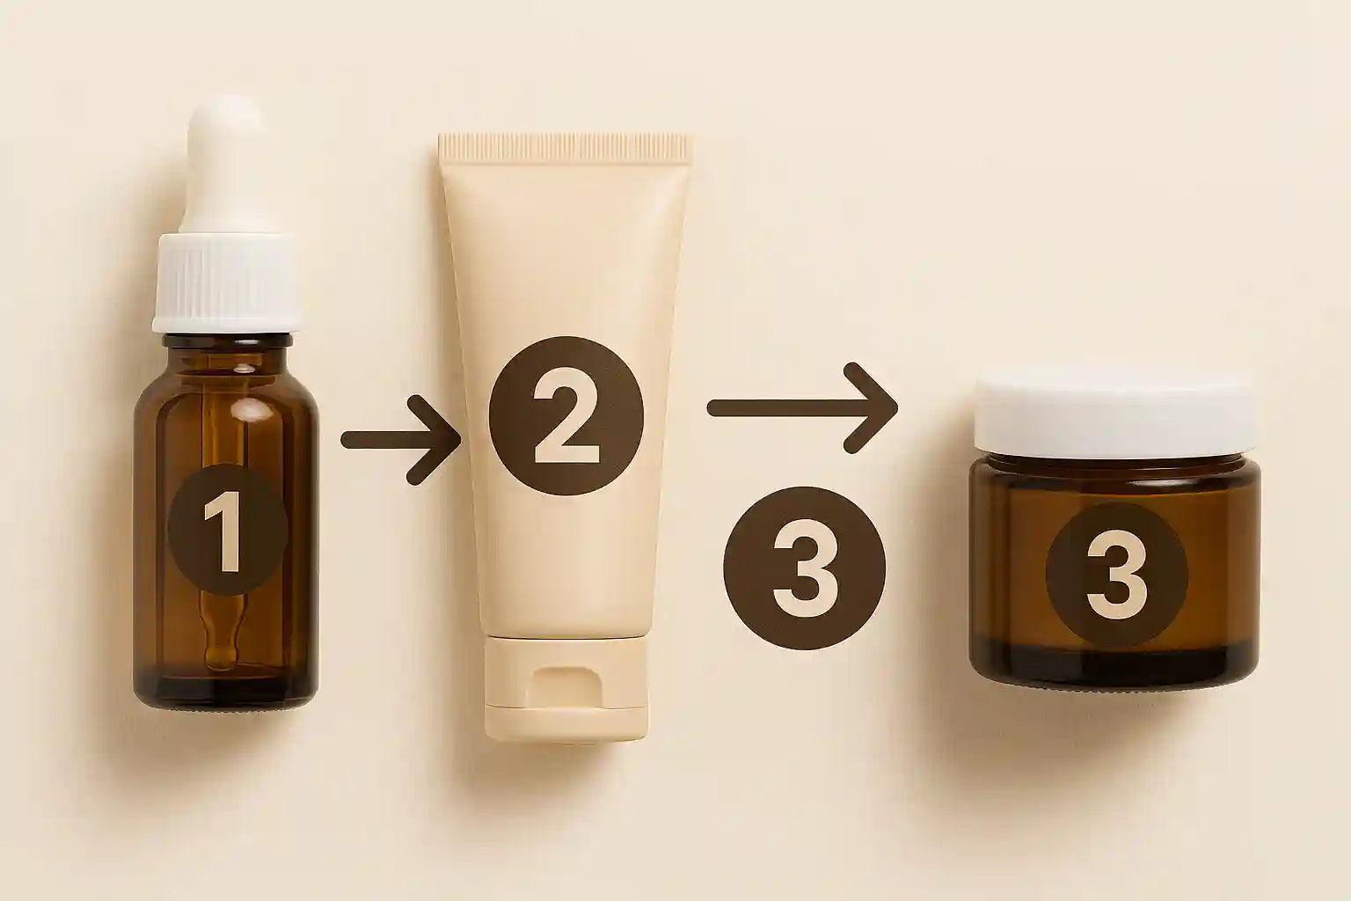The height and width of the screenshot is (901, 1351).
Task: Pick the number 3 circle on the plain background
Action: coord(804,570)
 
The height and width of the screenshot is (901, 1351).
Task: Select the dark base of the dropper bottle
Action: coord(225,691)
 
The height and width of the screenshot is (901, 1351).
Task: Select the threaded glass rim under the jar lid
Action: coord(1114,463)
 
